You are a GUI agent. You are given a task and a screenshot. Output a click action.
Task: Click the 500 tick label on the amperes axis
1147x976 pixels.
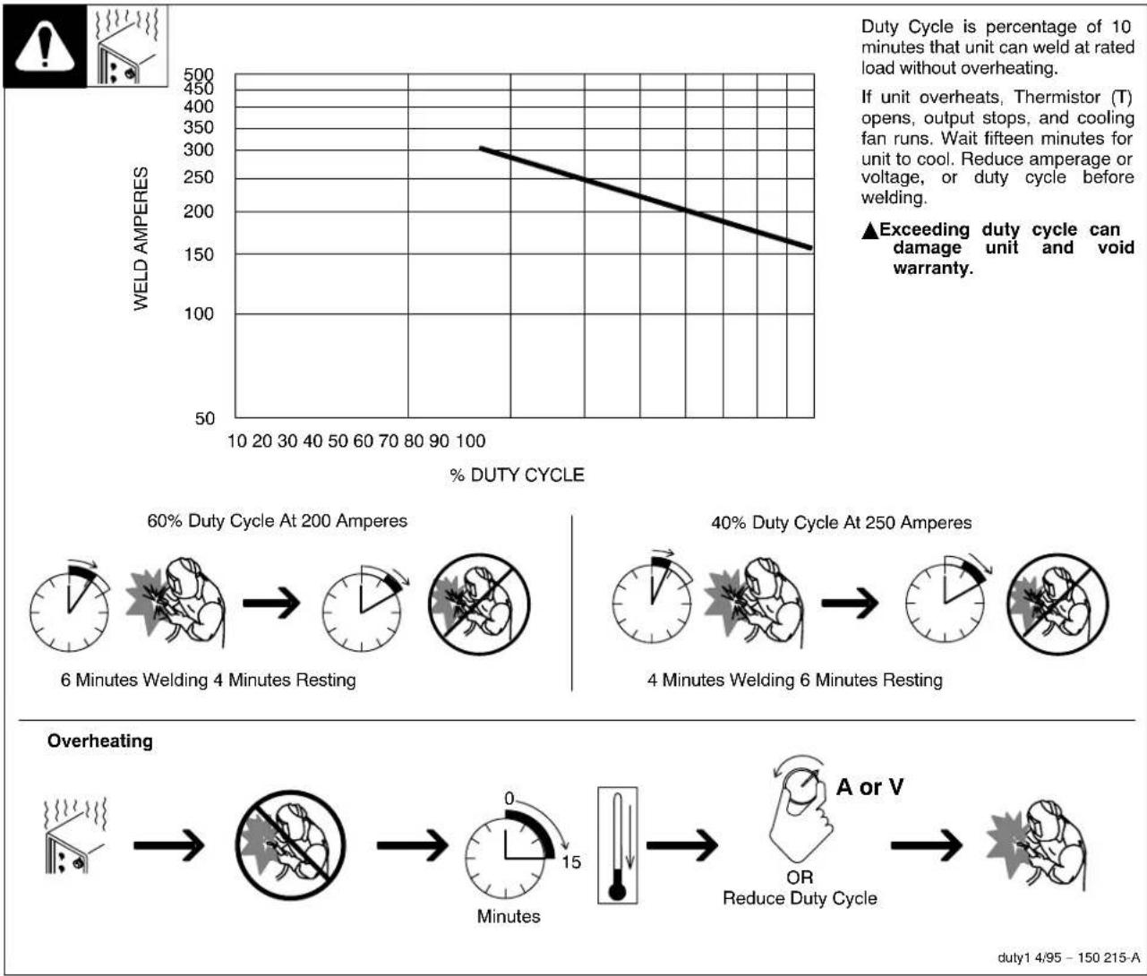[x=198, y=75]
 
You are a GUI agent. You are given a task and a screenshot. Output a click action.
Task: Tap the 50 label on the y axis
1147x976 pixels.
[x=205, y=418]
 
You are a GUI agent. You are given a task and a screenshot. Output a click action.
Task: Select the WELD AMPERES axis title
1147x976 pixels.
[x=141, y=239]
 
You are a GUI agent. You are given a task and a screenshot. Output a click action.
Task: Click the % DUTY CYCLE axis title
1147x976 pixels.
[x=517, y=475]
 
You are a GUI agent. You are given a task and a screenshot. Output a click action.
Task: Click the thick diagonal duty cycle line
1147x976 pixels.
[x=645, y=197]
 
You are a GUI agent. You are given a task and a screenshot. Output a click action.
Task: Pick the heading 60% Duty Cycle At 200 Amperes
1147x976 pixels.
[x=277, y=521]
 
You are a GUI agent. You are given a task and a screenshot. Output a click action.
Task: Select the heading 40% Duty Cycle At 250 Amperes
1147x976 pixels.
[x=841, y=523]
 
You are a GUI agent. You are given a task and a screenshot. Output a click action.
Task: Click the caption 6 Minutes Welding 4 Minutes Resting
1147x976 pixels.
[x=208, y=681]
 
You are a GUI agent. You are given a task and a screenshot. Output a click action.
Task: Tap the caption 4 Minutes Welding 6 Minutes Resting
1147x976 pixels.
[x=795, y=681]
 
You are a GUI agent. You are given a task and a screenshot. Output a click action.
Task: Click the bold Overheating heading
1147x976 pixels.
[x=100, y=741]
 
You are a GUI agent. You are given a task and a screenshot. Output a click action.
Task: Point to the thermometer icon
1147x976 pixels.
[x=617, y=844]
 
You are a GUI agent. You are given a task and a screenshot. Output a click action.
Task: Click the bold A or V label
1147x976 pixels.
[x=869, y=788]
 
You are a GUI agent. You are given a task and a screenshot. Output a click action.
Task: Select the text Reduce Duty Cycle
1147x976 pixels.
[x=800, y=898]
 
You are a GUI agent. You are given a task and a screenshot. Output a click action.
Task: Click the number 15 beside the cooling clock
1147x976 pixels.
[x=570, y=862]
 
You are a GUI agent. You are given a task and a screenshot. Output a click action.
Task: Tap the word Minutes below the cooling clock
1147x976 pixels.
[x=509, y=917]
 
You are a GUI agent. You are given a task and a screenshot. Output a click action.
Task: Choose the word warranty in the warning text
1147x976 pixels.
[x=932, y=268]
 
